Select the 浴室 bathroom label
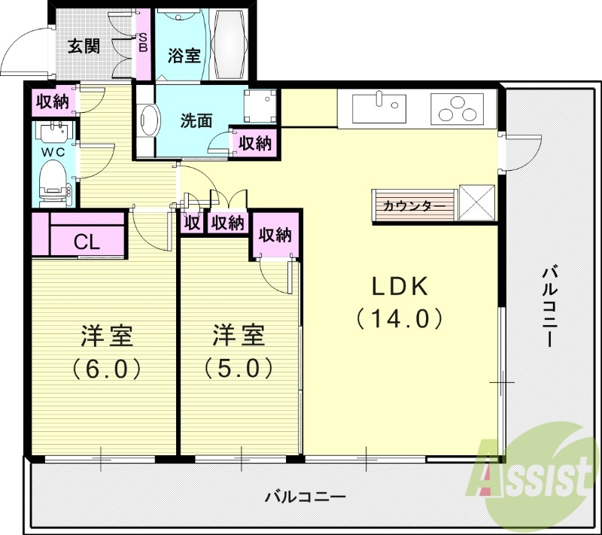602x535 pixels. pos(184,56)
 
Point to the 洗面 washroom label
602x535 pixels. pos(195,120)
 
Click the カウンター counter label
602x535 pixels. pos(409,205)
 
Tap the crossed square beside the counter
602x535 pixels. pos(478,203)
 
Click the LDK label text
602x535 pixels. pos(400,287)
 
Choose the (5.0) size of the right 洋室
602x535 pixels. pos(238,368)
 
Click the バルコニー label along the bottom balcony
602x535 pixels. pos(305,497)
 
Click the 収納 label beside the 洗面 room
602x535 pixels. pos(254,142)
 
